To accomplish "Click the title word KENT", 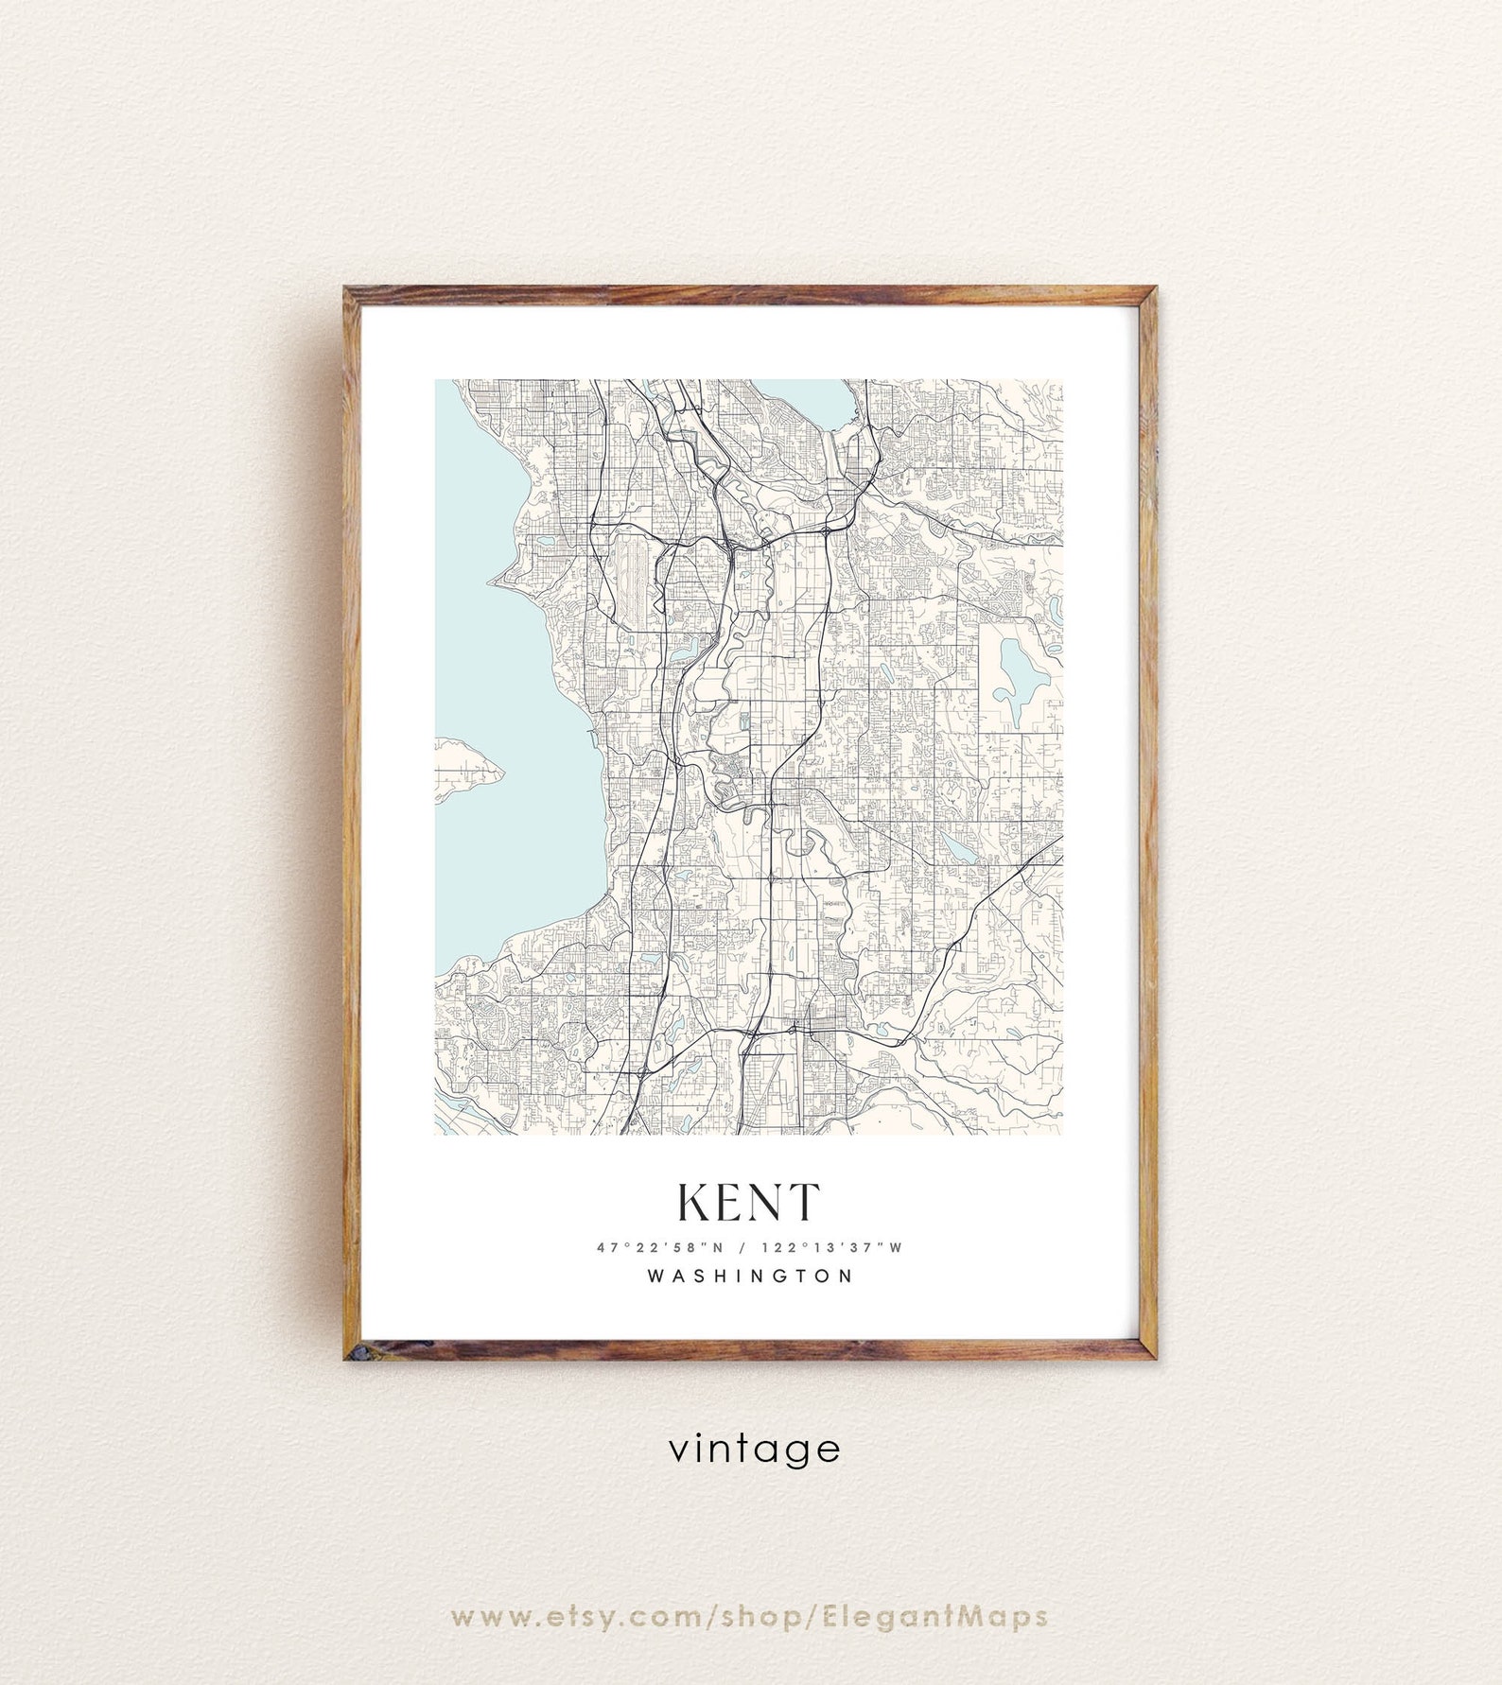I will click(747, 1202).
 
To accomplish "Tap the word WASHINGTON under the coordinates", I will click(750, 1276).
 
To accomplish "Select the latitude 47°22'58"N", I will click(658, 1247).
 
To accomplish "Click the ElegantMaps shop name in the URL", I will click(932, 1616).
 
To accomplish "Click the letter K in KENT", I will click(695, 1202).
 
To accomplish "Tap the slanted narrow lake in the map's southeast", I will click(958, 847).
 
